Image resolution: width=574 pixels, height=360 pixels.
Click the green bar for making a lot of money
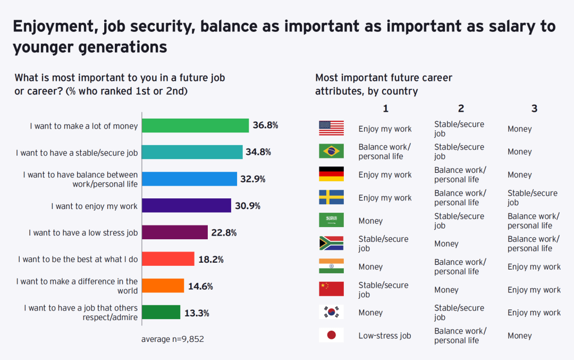pos(196,125)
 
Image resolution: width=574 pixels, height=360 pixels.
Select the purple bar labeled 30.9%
pos(187,206)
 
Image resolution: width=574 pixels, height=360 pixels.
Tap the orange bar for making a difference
pos(163,286)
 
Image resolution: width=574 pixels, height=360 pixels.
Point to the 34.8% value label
pos(258,152)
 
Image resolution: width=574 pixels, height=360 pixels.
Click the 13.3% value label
pos(197,313)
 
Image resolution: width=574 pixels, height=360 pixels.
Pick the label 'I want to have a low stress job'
pos(83,233)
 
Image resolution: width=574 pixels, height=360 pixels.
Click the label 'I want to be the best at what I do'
pos(78,259)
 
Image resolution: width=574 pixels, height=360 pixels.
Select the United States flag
pos(331,128)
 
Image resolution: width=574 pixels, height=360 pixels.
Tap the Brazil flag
pos(331,151)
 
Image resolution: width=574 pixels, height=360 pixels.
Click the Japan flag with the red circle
pos(331,335)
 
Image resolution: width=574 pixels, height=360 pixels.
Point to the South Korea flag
pos(331,312)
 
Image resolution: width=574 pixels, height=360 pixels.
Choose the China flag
pos(331,289)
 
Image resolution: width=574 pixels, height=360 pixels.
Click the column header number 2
pos(461,108)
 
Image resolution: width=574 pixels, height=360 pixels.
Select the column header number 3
pos(534,108)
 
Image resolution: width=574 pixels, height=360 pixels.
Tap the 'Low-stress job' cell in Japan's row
pos(384,336)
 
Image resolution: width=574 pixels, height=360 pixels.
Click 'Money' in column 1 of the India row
pos(370,266)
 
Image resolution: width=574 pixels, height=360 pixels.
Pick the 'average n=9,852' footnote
pos(173,339)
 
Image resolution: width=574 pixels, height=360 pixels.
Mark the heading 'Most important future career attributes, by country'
pos(384,84)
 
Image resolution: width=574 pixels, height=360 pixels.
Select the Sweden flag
pos(331,197)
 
